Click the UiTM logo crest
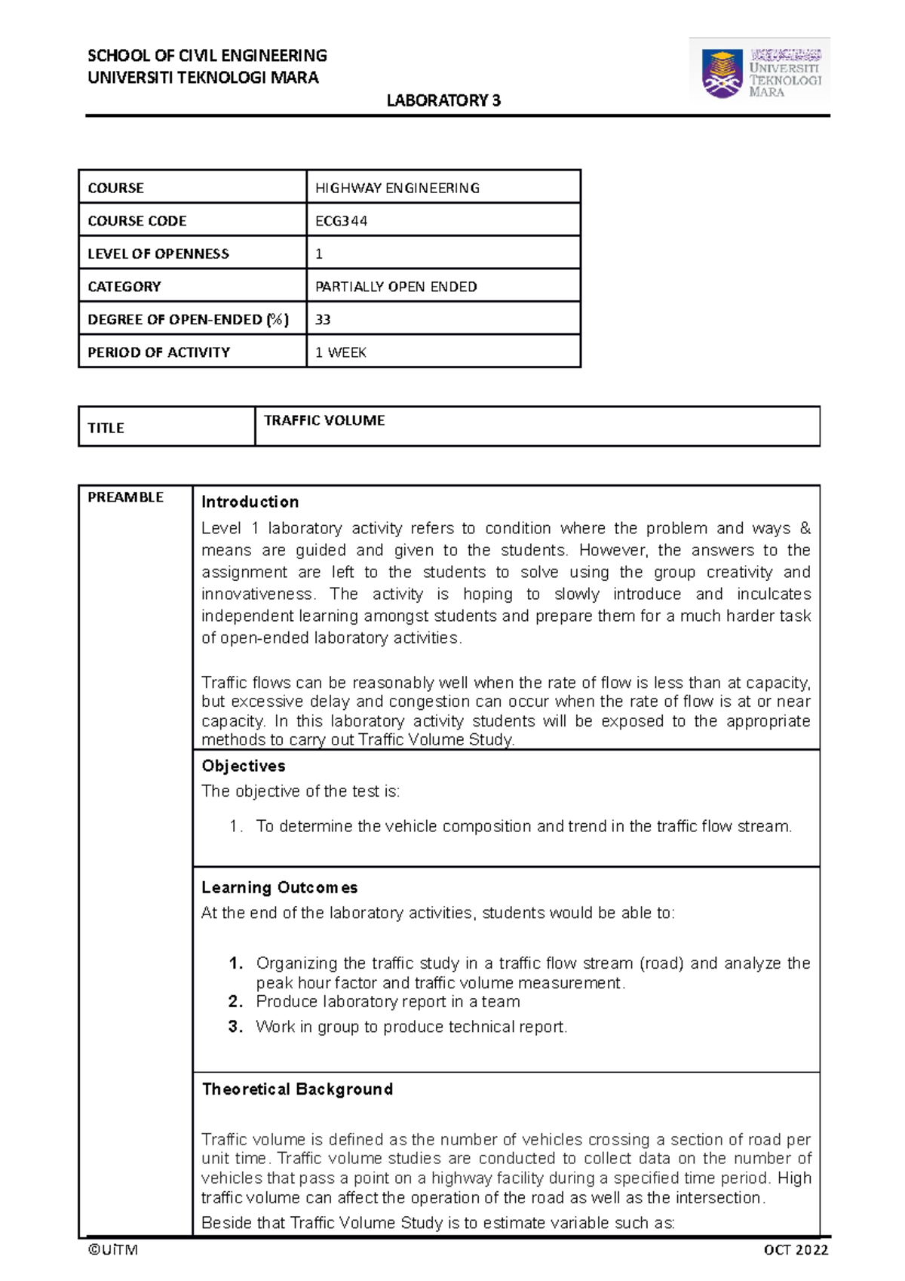tap(722, 73)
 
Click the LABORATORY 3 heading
tap(443, 100)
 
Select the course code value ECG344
tap(341, 221)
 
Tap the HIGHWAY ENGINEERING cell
tap(397, 188)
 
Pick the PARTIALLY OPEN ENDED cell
tap(396, 287)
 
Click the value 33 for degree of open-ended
tap(323, 319)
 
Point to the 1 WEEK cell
tap(340, 352)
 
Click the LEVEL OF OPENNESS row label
tap(158, 253)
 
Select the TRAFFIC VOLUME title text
tap(324, 420)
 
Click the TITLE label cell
tap(106, 428)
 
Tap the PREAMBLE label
tap(125, 497)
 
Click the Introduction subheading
tap(250, 502)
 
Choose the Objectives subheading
tap(243, 766)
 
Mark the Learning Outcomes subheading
tap(279, 887)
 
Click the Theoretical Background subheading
tap(297, 1089)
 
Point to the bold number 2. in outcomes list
tap(235, 1002)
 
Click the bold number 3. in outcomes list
tap(235, 1027)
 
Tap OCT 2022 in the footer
tap(796, 1250)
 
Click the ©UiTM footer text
tap(112, 1249)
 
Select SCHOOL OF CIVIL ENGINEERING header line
tap(207, 55)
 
